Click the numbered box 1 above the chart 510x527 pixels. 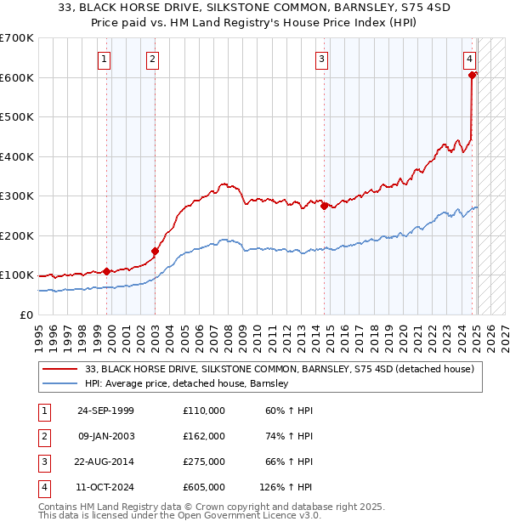click(x=104, y=59)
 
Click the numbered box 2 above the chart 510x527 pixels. click(x=151, y=59)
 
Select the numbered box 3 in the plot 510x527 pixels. click(x=322, y=59)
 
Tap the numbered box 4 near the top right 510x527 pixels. click(x=469, y=59)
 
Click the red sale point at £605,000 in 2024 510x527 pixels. click(x=472, y=76)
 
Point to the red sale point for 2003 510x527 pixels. click(x=155, y=251)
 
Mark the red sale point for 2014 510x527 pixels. click(x=325, y=206)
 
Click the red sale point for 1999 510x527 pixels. click(x=107, y=271)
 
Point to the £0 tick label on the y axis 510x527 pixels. click(x=25, y=314)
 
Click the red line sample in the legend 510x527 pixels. click(x=61, y=369)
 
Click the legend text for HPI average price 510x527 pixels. click(x=187, y=383)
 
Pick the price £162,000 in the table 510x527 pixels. click(x=203, y=436)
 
